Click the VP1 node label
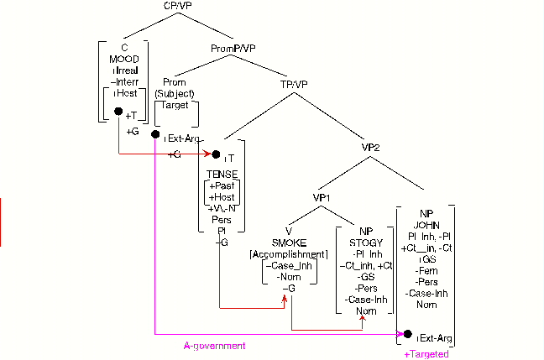325,197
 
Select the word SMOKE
289,243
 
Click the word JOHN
425,224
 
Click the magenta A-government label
214,346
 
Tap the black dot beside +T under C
118,122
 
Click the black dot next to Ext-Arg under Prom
155,134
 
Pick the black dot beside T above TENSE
216,154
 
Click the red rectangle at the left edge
1,221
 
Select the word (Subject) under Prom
175,94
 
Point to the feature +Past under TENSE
223,185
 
